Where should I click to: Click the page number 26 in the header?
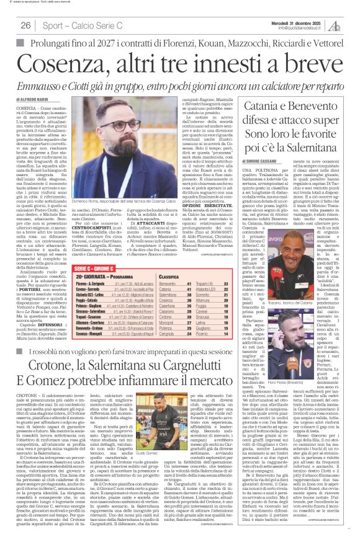pos(26,25)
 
